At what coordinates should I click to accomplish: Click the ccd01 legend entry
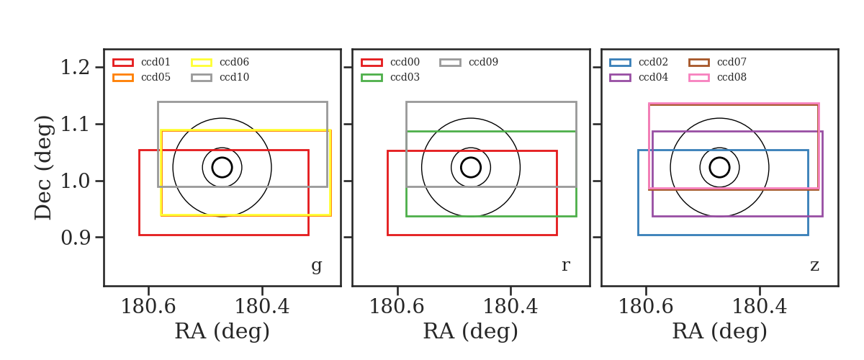pos(142,62)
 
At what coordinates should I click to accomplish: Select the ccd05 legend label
pos(156,77)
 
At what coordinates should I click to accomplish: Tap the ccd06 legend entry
pos(220,62)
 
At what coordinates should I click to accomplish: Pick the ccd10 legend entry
pos(220,77)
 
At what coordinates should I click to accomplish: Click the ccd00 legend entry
pos(390,62)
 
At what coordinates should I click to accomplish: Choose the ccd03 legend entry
pos(390,77)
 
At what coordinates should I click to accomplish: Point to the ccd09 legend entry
pos(469,62)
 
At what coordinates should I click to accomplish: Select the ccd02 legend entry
pos(639,62)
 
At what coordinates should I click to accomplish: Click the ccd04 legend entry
pos(639,77)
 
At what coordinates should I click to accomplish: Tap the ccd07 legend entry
pos(717,62)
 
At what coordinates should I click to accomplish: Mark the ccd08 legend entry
pos(717,77)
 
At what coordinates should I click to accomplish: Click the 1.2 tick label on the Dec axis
pos(75,68)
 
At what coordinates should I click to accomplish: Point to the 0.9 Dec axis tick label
pos(75,238)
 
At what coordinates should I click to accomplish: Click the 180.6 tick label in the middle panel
pos(397,307)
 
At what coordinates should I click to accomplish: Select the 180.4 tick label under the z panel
pos(760,307)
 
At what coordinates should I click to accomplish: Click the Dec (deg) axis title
pos(42,168)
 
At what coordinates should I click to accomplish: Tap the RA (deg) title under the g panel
pos(222,331)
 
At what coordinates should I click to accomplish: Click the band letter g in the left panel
pos(317,266)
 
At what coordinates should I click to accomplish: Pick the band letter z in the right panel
pos(814,266)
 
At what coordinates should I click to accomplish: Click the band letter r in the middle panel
pos(566,266)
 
